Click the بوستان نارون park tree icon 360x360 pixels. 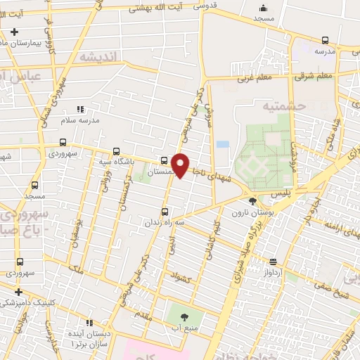point(253,202)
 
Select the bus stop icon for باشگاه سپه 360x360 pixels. point(116,150)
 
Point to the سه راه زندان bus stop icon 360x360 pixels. point(165,212)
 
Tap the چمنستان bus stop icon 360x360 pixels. point(164,160)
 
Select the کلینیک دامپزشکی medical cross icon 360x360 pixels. point(18,291)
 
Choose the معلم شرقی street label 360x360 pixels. point(314,75)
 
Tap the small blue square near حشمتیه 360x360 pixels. point(223,144)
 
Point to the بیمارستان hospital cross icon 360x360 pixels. point(14,32)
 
